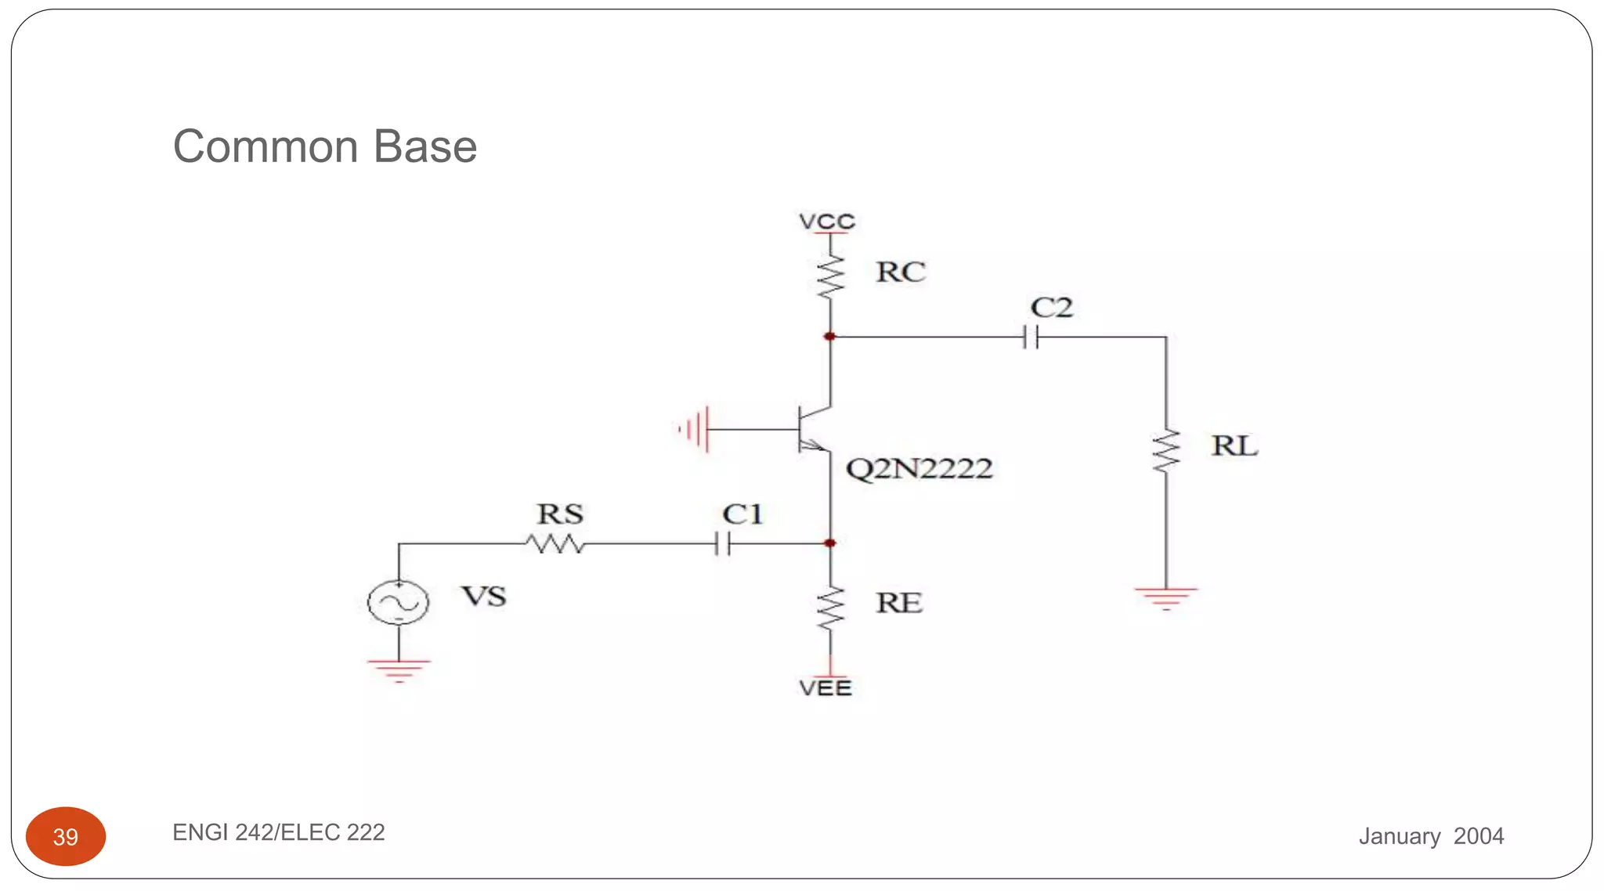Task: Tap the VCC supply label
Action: pos(827,222)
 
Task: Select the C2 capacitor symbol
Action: pos(1031,337)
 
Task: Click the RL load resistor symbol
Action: pos(1166,450)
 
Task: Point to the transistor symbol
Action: pos(811,429)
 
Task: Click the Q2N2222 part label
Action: pos(919,469)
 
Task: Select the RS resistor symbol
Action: pos(555,543)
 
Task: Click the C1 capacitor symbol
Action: pos(723,543)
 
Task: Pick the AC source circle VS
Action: pos(399,602)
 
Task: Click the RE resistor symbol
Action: pos(830,608)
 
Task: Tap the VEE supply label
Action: pos(825,688)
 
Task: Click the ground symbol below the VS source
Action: pos(399,670)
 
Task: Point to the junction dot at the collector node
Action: pos(830,337)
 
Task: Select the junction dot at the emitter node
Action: pos(830,543)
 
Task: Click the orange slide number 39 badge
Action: pos(66,836)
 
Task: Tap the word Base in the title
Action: pos(425,146)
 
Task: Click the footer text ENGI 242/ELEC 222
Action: pos(279,832)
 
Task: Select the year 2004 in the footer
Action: pos(1478,836)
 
